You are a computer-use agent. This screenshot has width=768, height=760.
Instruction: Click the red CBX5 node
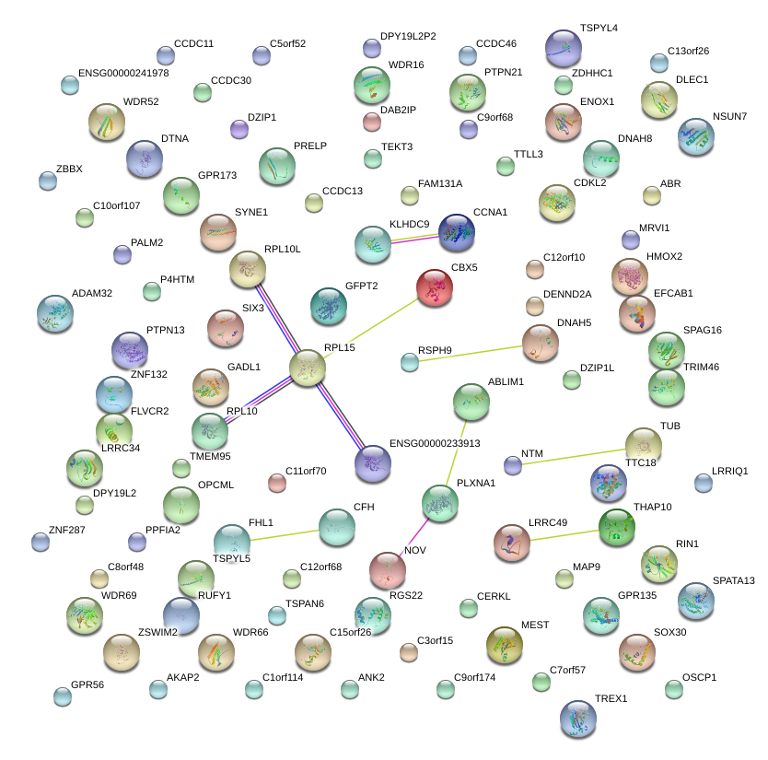(435, 287)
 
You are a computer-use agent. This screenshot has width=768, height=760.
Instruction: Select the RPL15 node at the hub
(308, 368)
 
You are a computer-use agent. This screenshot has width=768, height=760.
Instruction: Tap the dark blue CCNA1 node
(456, 233)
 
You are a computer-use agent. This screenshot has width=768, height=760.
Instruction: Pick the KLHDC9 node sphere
(373, 244)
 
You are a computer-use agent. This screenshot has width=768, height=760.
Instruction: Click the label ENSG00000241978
(123, 73)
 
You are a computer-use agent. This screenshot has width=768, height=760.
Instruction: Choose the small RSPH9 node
(410, 362)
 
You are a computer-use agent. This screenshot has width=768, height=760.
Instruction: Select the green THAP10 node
(616, 526)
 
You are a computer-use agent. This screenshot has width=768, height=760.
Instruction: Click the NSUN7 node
(695, 136)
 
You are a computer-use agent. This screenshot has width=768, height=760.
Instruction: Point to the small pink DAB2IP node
(372, 122)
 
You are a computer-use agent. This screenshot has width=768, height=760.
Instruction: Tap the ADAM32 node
(55, 314)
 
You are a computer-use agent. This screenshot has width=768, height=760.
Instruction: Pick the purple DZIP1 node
(239, 129)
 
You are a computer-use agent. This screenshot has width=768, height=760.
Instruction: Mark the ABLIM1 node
(471, 401)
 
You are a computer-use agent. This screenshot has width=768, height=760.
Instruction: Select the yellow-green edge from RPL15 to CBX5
(370, 327)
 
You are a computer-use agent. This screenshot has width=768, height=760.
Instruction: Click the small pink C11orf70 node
(276, 482)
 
